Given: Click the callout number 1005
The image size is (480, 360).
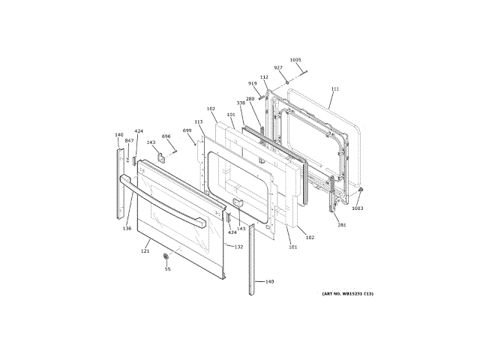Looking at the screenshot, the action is point(295,59).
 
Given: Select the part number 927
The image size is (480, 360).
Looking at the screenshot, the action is point(278,67).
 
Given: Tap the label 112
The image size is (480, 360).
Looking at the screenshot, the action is point(264,77).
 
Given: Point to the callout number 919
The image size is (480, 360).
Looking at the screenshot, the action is point(253,83).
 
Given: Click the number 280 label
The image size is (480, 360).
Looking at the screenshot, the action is point(250,99).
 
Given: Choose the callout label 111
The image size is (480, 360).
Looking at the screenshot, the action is point(335,89).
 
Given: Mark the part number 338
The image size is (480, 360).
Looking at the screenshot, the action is point(241,103).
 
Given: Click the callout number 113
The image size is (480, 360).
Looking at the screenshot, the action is point(199,121).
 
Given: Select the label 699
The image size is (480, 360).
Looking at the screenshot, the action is point(187,130).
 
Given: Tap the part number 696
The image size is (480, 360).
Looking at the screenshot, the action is point(166,136).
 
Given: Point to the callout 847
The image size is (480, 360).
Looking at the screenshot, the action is point(129,141).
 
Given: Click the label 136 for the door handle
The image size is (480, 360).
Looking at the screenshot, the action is point(127,229).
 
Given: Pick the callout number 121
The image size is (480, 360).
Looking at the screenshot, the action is point(145,250).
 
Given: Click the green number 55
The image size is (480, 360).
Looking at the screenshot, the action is point(167,269).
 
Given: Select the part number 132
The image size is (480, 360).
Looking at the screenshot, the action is point(238,247).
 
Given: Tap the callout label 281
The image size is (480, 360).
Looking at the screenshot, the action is point(342,225).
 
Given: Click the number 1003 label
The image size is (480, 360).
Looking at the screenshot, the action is point(358,208).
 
